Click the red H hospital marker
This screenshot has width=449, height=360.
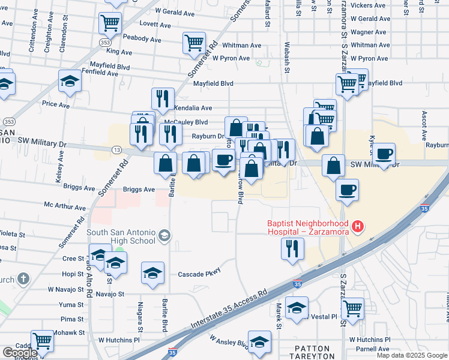[x=358, y=226]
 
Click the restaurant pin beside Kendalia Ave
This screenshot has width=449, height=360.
[x=163, y=98]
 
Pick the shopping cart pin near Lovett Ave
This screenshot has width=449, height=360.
[x=110, y=23]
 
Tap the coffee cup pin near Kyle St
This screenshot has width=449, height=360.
[x=384, y=154]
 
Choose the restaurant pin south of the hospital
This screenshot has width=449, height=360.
[x=292, y=248]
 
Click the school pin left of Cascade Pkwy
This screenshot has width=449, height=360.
[x=153, y=273]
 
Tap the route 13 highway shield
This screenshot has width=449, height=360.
[x=116, y=149]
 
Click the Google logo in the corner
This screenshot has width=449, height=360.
[x=20, y=353]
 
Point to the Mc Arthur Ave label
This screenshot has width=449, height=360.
[x=65, y=206]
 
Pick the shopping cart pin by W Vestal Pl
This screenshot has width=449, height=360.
[x=352, y=308]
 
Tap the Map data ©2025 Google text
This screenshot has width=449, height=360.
[x=411, y=355]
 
